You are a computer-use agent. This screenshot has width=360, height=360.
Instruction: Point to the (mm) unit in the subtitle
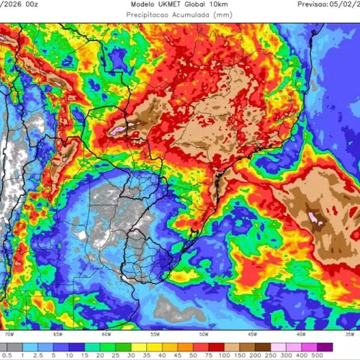pyautogui.click(x=226, y=14)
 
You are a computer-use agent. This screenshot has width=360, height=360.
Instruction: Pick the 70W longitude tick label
pyautogui.click(x=9, y=334)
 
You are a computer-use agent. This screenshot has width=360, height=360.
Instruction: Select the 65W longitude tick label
pyautogui.click(x=58, y=334)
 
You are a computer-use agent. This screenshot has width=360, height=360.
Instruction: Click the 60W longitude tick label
pyautogui.click(x=107, y=334)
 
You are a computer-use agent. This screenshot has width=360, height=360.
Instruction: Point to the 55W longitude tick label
pyautogui.click(x=155, y=334)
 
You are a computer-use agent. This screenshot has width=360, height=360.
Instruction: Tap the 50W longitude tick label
pyautogui.click(x=204, y=334)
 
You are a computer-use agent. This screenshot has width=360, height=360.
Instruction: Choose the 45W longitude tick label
pyautogui.click(x=252, y=334)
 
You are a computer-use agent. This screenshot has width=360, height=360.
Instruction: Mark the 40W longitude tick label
pyautogui.click(x=301, y=334)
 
